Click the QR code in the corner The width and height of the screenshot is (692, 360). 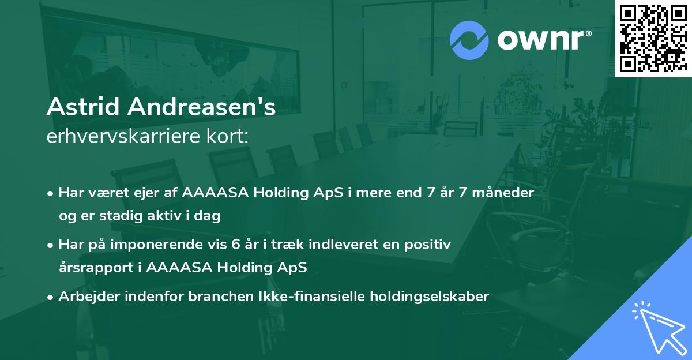pos(653,38)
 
